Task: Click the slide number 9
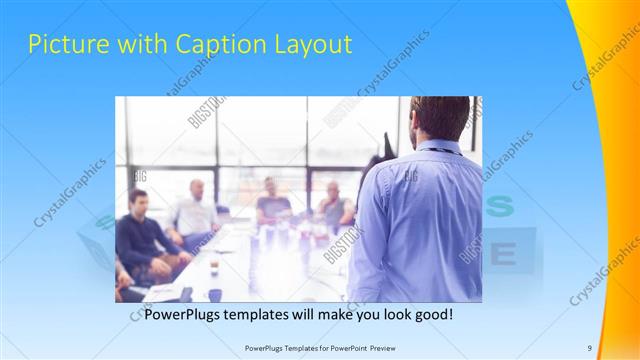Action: (590, 347)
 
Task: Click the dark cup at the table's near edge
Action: (215, 294)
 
